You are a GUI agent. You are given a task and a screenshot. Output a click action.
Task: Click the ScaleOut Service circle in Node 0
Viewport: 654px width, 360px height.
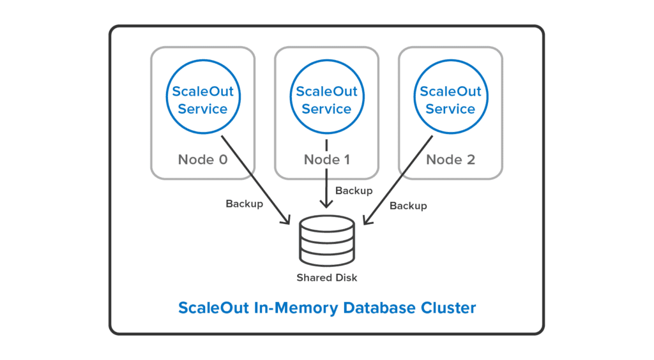click(202, 100)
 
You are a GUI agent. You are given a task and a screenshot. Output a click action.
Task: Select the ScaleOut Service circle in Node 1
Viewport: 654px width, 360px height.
click(326, 100)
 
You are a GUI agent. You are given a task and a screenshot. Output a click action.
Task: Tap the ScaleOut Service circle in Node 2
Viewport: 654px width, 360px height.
click(450, 100)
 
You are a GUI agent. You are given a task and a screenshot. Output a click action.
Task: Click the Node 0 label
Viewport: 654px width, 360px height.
click(202, 160)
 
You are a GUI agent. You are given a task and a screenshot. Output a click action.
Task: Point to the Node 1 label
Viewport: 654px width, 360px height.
click(326, 160)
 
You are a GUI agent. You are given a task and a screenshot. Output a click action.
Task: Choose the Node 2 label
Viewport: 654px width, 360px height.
click(450, 160)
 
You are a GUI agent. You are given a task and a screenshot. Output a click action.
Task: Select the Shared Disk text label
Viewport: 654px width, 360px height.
click(326, 278)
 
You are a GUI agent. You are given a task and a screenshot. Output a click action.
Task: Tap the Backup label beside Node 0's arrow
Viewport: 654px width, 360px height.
click(244, 204)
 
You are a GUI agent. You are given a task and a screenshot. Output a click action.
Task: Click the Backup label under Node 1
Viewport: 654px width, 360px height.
click(353, 191)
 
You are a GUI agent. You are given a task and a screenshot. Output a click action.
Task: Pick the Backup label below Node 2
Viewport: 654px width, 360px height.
click(408, 206)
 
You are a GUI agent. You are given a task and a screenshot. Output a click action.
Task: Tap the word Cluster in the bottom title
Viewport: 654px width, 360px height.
click(448, 308)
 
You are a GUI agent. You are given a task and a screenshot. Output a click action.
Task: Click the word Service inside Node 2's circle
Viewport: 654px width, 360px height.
click(450, 109)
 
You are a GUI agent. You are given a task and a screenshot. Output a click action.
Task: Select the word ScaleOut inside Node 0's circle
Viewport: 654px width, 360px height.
click(202, 91)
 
